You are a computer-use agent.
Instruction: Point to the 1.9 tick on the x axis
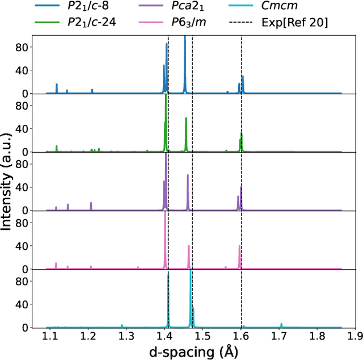[354, 337]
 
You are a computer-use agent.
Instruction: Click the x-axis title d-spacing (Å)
[194, 351]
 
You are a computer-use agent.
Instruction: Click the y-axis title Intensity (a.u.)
[8, 181]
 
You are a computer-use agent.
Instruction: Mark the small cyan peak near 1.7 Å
[281, 325]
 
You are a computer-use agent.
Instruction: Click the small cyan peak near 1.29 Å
[122, 326]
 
